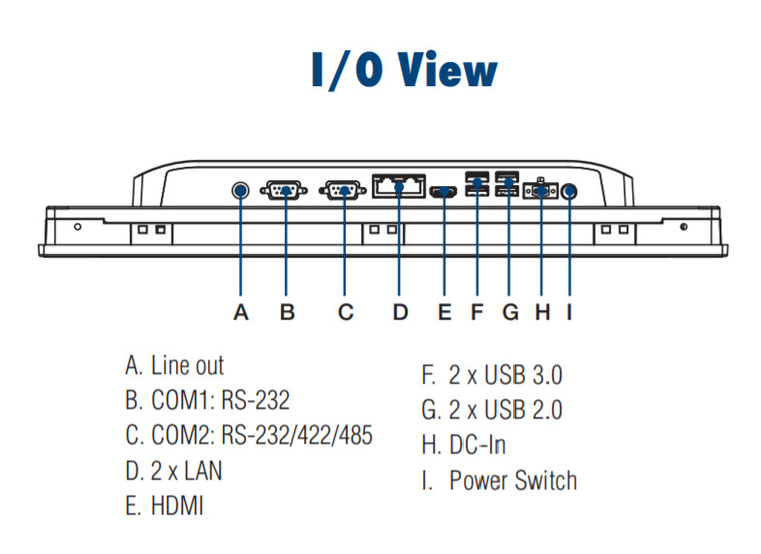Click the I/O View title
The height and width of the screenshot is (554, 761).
point(404,71)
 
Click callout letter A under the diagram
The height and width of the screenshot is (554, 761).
point(241,312)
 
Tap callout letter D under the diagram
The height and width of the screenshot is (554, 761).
point(400,312)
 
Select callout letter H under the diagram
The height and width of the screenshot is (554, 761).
point(542,312)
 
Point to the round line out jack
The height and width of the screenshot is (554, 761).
point(241,190)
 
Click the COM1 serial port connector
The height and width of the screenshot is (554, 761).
point(285,190)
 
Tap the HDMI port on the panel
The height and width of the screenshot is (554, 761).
point(444,192)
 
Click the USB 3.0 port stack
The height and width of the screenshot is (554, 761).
point(476,185)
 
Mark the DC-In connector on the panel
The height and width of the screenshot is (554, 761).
point(539,191)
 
